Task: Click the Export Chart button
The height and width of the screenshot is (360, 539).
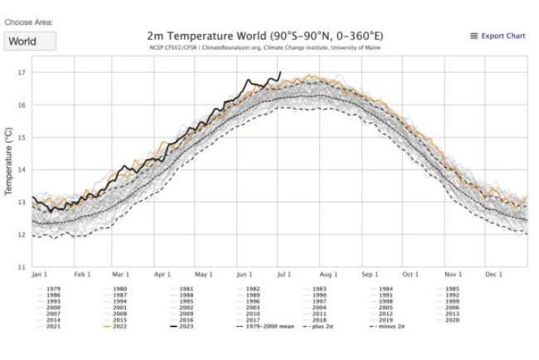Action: click(498, 36)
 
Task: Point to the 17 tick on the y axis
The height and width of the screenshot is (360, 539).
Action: click(22, 73)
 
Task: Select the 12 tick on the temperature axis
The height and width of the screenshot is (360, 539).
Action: click(22, 235)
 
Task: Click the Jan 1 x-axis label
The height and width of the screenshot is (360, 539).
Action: click(40, 274)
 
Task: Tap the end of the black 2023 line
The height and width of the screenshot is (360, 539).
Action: click(281, 72)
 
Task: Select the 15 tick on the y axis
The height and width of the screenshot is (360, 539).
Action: click(22, 138)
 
